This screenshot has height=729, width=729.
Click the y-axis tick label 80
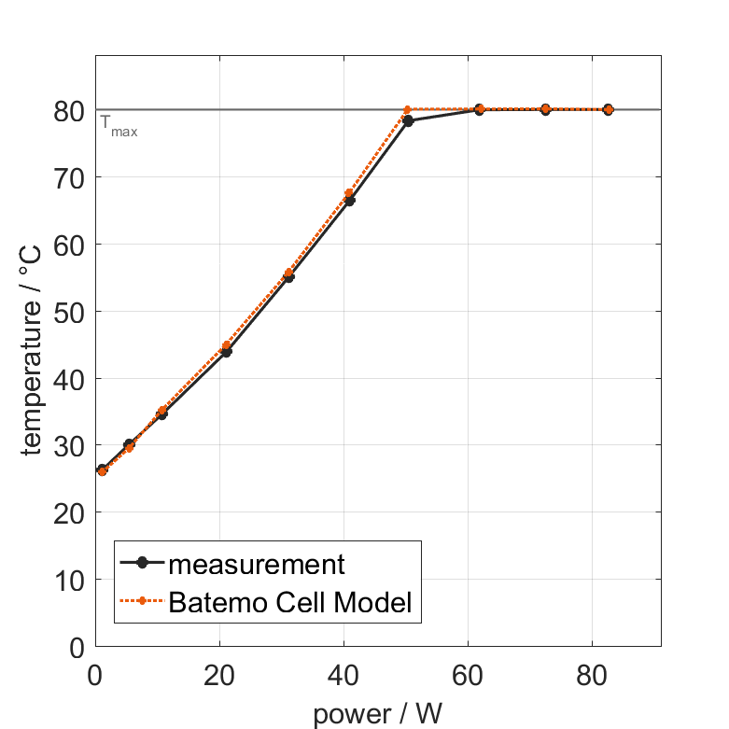tap(70, 110)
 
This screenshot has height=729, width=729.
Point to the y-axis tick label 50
tap(70, 312)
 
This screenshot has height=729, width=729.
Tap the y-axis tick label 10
tap(70, 581)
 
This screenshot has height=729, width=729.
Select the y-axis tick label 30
tap(70, 446)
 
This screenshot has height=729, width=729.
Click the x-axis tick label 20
tap(218, 674)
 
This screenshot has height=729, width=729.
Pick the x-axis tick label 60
tap(467, 674)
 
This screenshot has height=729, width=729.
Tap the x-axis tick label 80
tap(591, 674)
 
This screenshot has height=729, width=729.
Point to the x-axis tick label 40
tap(343, 674)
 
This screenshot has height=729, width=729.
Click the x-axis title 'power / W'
tap(377, 714)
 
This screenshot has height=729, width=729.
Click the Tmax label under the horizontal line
tap(119, 126)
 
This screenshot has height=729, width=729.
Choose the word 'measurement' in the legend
tap(257, 564)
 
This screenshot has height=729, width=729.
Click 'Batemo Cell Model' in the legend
tap(290, 602)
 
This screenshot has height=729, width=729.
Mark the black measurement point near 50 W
tap(408, 121)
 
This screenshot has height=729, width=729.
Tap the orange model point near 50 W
tap(407, 110)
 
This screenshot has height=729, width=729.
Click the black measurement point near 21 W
tap(226, 352)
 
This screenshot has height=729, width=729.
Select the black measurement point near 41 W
tap(350, 201)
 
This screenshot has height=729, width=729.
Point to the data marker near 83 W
tap(608, 109)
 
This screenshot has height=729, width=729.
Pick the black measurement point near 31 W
tap(288, 277)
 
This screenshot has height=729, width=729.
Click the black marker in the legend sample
tap(142, 563)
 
